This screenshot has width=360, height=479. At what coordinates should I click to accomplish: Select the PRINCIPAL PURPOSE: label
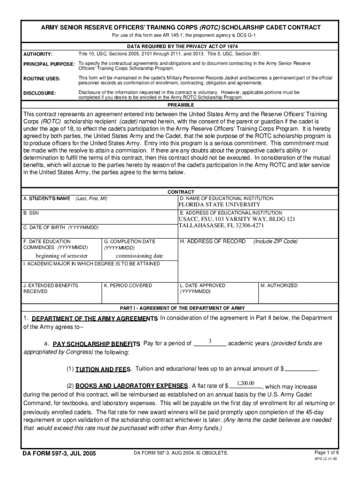click(x=49, y=64)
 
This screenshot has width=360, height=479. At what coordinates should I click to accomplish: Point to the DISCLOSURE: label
click(x=40, y=93)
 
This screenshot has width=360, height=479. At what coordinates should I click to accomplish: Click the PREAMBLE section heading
click(x=180, y=105)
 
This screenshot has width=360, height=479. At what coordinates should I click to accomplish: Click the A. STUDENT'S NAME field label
click(x=47, y=198)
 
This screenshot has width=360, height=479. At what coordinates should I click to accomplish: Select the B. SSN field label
click(x=31, y=212)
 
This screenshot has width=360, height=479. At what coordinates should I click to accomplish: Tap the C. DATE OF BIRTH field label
click(x=61, y=227)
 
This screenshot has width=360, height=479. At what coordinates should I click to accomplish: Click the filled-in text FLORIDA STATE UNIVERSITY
click(x=219, y=204)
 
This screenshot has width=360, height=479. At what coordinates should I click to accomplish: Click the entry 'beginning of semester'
click(x=62, y=256)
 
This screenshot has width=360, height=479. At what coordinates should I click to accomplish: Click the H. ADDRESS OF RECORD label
click(x=213, y=241)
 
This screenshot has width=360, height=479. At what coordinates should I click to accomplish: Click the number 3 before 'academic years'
click(x=210, y=341)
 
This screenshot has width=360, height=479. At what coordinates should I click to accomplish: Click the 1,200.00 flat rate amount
click(x=245, y=384)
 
